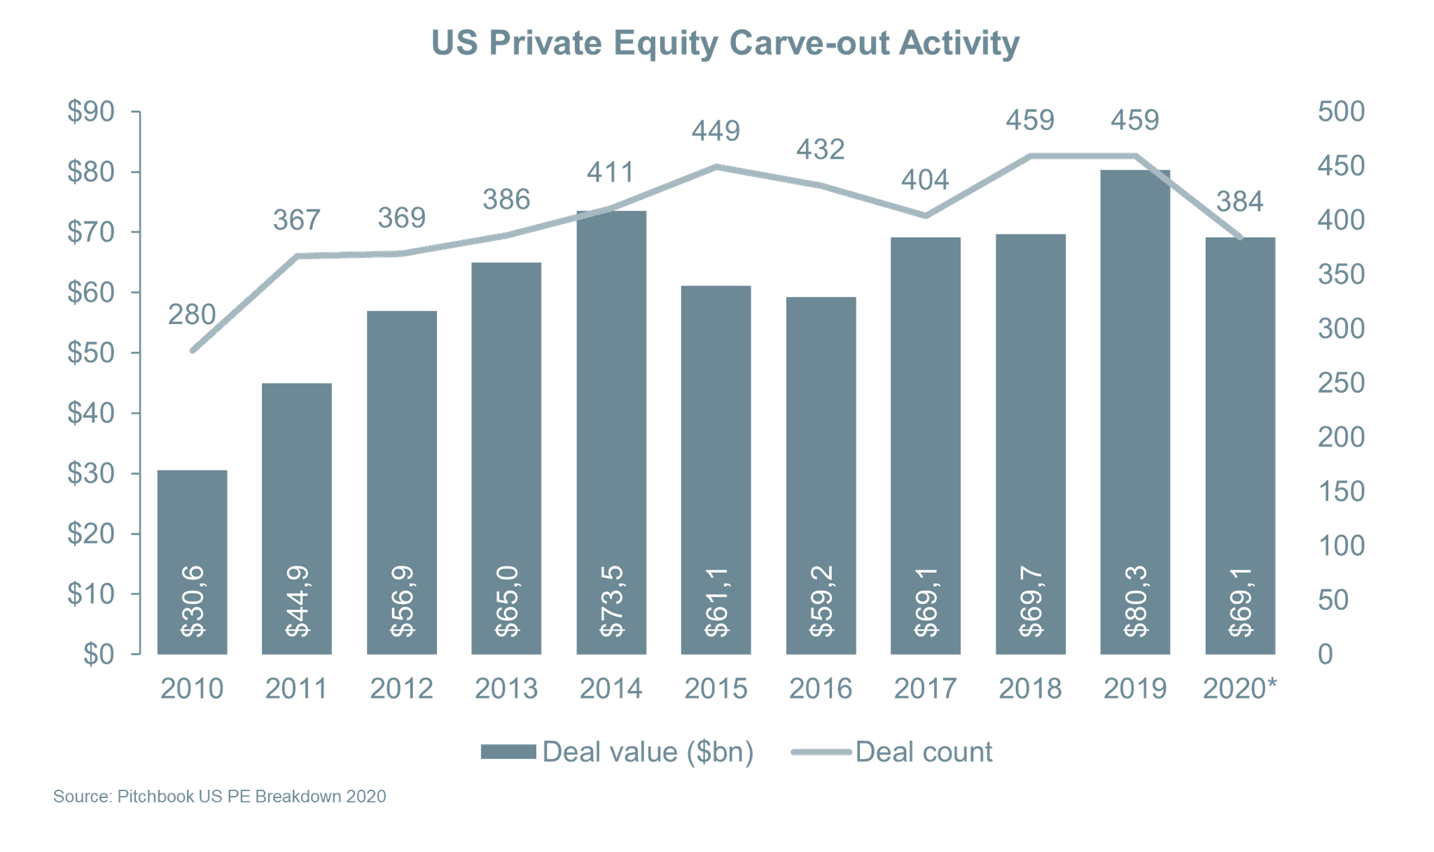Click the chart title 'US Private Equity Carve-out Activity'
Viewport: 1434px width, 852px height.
(725, 43)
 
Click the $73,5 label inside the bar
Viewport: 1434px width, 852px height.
(611, 601)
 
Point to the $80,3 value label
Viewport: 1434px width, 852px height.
(1135, 601)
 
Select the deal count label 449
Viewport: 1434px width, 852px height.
(716, 131)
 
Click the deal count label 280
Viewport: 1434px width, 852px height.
(192, 314)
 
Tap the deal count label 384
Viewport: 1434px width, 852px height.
(1240, 202)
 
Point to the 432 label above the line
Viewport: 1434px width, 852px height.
(821, 149)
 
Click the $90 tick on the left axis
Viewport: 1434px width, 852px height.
(90, 112)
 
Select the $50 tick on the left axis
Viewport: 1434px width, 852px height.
(90, 353)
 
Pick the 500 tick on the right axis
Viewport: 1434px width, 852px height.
(1341, 112)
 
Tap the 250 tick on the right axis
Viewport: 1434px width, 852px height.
(1341, 383)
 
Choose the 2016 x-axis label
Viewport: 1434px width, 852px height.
(821, 689)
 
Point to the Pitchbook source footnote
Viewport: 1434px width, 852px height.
(219, 797)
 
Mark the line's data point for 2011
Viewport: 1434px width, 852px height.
(297, 256)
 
